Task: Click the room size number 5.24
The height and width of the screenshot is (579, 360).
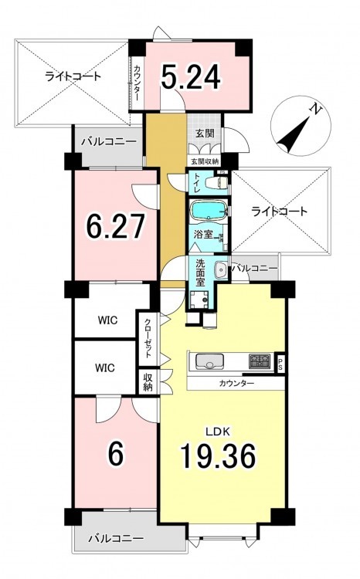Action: (191, 76)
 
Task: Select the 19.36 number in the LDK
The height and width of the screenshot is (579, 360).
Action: (218, 455)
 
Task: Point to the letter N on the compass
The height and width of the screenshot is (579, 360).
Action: (316, 109)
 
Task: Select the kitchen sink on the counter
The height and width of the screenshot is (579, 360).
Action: (209, 361)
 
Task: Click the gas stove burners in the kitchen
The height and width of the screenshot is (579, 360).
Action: (260, 361)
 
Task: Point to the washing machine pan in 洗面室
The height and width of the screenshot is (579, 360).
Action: (199, 299)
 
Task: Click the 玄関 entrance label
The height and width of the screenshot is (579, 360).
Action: (205, 133)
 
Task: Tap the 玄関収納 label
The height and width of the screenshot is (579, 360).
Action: (205, 161)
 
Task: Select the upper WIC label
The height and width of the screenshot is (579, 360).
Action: (107, 320)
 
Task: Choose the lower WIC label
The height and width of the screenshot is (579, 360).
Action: (104, 367)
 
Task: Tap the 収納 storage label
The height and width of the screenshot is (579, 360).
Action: (148, 383)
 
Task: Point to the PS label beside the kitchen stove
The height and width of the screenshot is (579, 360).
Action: (280, 364)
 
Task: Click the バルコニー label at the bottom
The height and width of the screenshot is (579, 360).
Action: (116, 538)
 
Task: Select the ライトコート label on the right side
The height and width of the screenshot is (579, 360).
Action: (279, 212)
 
